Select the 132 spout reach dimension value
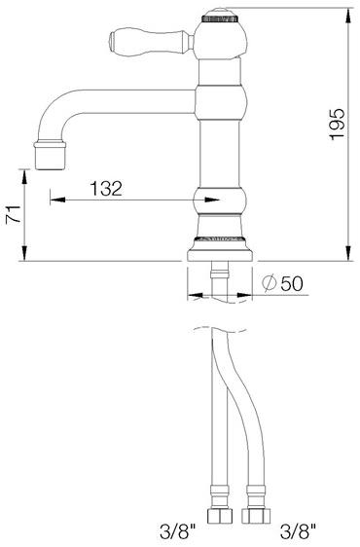108,189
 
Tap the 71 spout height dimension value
13,216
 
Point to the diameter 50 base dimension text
285,283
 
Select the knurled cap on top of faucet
218,17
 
